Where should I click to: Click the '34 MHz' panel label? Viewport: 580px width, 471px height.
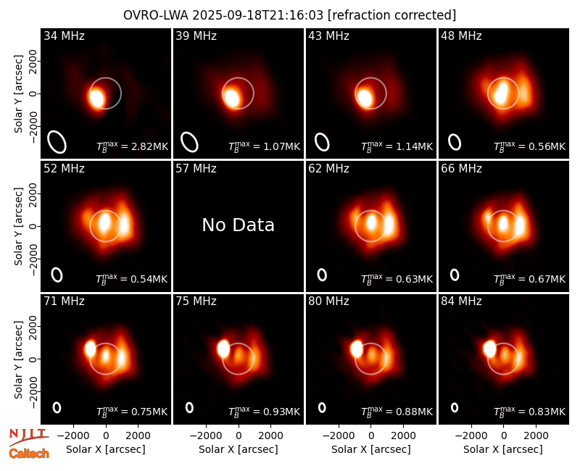coord(64,36)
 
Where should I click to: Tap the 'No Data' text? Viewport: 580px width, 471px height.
coord(239,225)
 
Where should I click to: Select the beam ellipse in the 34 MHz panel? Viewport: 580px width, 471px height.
coord(57,142)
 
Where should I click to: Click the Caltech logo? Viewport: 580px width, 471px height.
coord(29,453)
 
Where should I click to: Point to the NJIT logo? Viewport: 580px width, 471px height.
coord(28,436)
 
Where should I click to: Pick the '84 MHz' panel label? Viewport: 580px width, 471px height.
coord(461,301)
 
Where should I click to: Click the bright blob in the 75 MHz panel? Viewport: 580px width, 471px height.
coord(223,349)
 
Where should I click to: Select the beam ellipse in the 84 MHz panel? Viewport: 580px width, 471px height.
coord(455,407)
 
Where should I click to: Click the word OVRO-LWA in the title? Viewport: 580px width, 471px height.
coord(155,15)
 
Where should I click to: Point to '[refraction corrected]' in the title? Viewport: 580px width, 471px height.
coord(391,15)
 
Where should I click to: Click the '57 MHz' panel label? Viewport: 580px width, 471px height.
coord(196,169)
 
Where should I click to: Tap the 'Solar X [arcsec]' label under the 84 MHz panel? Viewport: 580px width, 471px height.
coord(503,449)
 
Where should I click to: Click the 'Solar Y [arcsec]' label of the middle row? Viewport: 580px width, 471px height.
coord(18,226)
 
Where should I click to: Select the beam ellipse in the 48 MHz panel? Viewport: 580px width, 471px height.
coord(455,142)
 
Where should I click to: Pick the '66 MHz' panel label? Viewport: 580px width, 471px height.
coord(461,169)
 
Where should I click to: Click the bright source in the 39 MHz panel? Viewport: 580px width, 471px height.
coord(231,98)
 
